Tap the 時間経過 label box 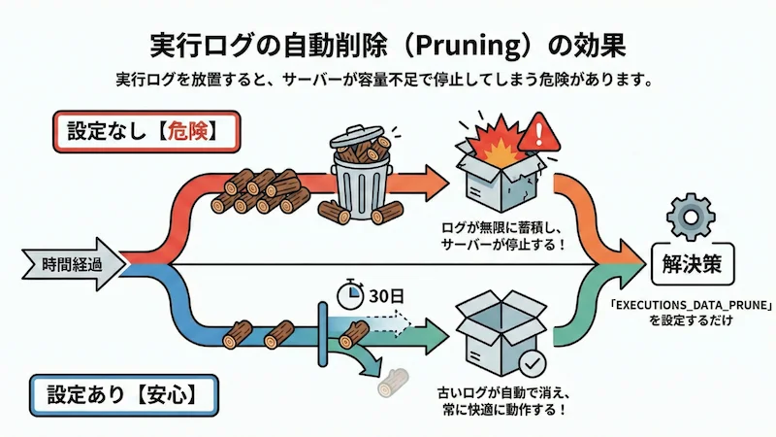pos(70,263)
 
